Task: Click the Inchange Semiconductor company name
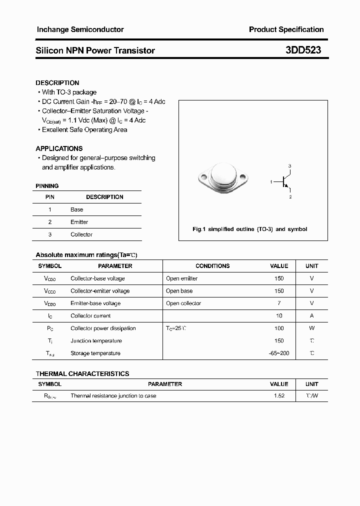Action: click(80, 29)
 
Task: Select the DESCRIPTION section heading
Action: click(57, 83)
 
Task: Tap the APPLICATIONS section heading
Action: click(59, 148)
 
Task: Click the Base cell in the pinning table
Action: click(76, 209)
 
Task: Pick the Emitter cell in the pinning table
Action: click(79, 222)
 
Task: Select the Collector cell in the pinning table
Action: click(81, 234)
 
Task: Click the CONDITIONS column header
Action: click(212, 266)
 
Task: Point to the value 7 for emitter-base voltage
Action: click(279, 303)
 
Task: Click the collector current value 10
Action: click(279, 316)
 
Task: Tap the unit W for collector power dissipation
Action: click(311, 328)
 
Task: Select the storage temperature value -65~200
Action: click(279, 353)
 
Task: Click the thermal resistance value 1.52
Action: click(279, 396)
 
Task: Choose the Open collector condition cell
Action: click(183, 303)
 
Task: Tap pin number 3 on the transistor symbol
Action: click(290, 166)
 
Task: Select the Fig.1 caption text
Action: click(250, 229)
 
